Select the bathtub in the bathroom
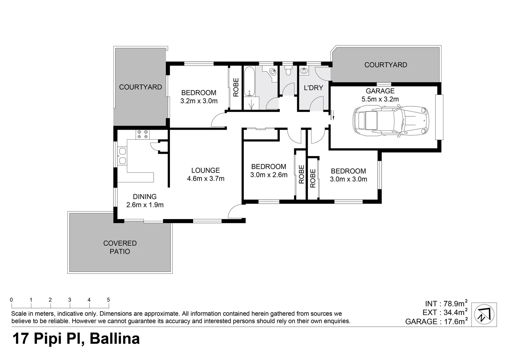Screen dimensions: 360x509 pyautogui.click(x=249, y=82)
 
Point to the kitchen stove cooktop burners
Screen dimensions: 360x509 pyautogui.click(x=143, y=134)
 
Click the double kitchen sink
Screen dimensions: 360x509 pyautogui.click(x=122, y=156)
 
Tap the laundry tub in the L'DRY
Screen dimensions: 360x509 pyautogui.click(x=304, y=71)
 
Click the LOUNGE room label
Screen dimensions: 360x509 pyautogui.click(x=206, y=170)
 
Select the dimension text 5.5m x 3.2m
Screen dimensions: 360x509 pyautogui.click(x=380, y=99)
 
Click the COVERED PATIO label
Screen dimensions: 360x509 pyautogui.click(x=120, y=247)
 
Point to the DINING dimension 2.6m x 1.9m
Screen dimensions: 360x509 pyautogui.click(x=145, y=205)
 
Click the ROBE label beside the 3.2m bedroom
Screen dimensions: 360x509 pyautogui.click(x=236, y=87)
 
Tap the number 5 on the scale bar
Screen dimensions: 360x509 pyautogui.click(x=108, y=300)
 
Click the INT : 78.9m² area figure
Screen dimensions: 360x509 pyautogui.click(x=446, y=304)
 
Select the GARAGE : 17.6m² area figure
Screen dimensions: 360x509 pyautogui.click(x=436, y=321)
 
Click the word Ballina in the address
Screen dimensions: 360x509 pyautogui.click(x=115, y=339)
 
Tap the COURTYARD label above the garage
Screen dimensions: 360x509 pyautogui.click(x=385, y=65)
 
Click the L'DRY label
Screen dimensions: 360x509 pyautogui.click(x=313, y=88)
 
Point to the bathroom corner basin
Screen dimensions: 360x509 pyautogui.click(x=272, y=71)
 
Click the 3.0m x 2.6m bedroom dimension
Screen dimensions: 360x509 pyautogui.click(x=269, y=175)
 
